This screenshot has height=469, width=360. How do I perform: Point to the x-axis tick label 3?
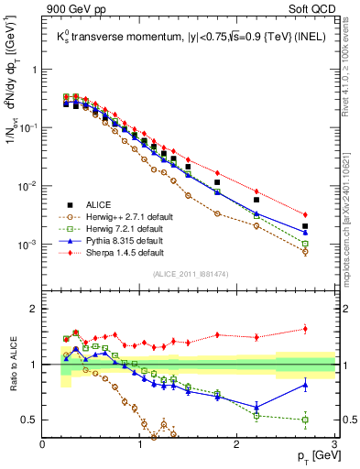[x=333, y=445]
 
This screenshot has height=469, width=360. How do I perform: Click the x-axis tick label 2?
[x=235, y=445]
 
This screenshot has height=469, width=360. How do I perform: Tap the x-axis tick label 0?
[x=43, y=445]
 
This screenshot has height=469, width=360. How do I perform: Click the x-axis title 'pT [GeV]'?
[x=311, y=456]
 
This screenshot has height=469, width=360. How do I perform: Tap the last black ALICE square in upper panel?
[x=305, y=226]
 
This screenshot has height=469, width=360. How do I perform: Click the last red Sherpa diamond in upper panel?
[x=305, y=214]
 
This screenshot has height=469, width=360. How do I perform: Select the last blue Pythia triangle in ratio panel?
[x=305, y=385]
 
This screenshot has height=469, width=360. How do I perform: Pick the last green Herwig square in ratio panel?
[x=305, y=420]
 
